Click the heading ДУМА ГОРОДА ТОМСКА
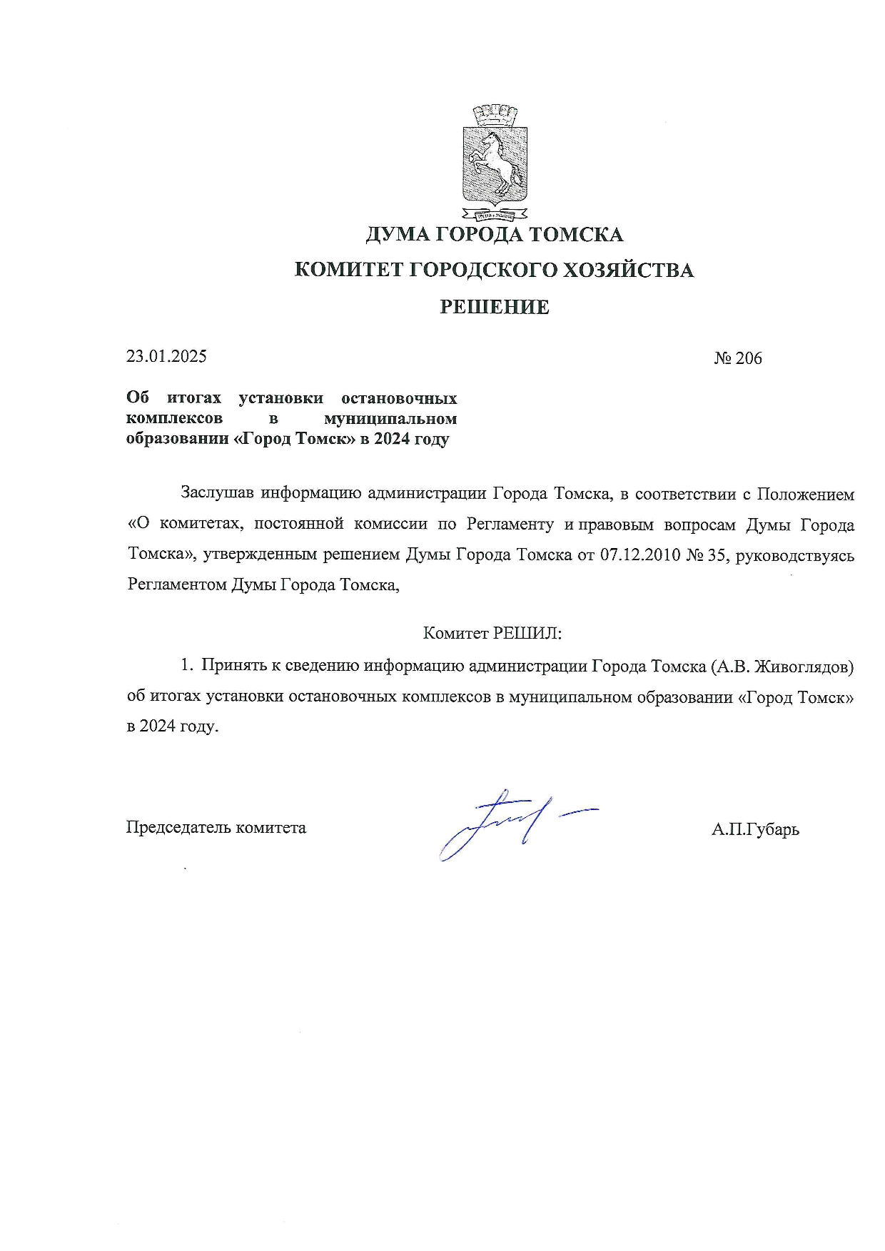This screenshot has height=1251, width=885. point(494,234)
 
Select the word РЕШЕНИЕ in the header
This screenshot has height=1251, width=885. point(494,308)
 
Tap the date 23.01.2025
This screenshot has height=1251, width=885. point(166,356)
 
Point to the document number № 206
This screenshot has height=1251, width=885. point(738,358)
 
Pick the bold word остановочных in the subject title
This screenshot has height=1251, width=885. point(399,397)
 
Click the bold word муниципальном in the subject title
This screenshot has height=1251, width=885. point(390,418)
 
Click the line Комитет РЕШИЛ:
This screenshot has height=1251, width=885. point(492,633)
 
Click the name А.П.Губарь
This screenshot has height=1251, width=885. point(755,829)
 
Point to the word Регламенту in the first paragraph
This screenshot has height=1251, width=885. point(510,525)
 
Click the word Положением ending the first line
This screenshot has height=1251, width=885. point(805,494)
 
